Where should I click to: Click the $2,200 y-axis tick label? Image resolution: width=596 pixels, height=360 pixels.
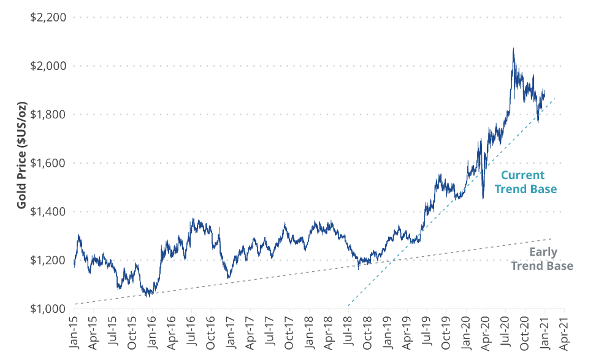point(48,17)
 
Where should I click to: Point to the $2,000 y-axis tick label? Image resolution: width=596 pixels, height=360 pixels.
point(48,66)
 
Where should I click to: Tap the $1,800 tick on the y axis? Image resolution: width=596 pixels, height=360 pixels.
point(48,114)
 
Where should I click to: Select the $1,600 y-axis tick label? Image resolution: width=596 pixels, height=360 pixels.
point(48,163)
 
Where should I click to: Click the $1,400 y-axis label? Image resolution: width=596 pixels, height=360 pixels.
point(48,212)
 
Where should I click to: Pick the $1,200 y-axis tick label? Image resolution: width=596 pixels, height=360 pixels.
point(48,260)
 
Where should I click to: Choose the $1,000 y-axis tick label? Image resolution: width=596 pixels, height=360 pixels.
point(48,308)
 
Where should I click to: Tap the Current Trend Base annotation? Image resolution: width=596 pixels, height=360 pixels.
point(526,182)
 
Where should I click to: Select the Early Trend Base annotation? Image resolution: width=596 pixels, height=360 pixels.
point(542,259)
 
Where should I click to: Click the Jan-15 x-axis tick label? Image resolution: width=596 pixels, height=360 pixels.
point(75,334)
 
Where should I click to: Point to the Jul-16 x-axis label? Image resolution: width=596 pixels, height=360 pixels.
point(191,334)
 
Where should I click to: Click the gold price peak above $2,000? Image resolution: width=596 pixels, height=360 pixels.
point(513,48)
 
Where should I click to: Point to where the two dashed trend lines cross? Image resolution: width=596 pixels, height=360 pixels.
point(390,261)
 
